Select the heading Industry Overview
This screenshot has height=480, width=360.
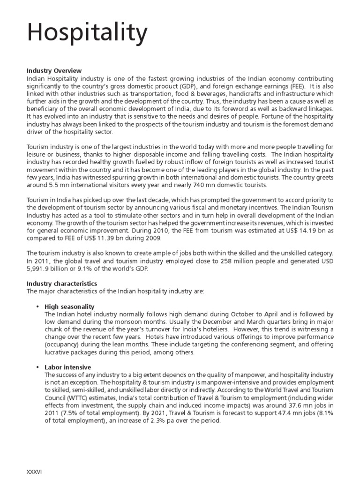[54, 71]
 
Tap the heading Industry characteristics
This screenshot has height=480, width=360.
[62, 284]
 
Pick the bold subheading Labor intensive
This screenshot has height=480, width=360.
[68, 367]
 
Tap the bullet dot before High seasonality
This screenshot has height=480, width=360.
[37, 307]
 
